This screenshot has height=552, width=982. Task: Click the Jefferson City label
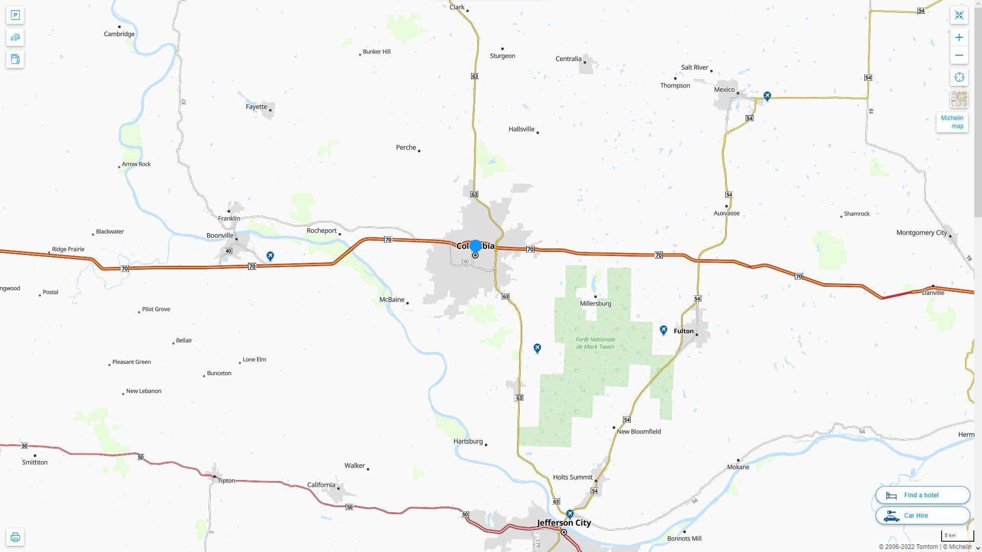click(x=564, y=522)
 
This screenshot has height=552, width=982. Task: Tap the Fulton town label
click(x=683, y=331)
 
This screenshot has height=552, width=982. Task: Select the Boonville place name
click(x=220, y=236)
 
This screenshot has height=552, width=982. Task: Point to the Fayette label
click(x=256, y=107)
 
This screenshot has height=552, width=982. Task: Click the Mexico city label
click(x=724, y=89)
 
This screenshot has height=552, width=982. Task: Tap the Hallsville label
click(x=521, y=129)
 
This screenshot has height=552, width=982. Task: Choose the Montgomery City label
click(x=921, y=233)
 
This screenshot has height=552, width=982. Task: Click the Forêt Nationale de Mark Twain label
click(x=595, y=343)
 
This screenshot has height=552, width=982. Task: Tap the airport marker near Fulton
click(x=663, y=330)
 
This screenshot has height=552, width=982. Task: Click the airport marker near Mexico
click(x=767, y=96)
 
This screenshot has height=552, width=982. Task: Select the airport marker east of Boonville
click(x=270, y=256)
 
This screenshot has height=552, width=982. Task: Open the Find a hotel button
click(x=922, y=495)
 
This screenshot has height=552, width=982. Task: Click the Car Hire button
click(x=922, y=515)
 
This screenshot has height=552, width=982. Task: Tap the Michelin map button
click(x=952, y=122)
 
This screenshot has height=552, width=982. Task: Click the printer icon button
click(x=15, y=537)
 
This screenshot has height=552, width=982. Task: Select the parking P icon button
click(x=15, y=15)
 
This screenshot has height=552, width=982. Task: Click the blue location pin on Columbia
click(x=475, y=246)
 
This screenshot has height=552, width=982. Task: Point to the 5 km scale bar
click(x=956, y=536)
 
